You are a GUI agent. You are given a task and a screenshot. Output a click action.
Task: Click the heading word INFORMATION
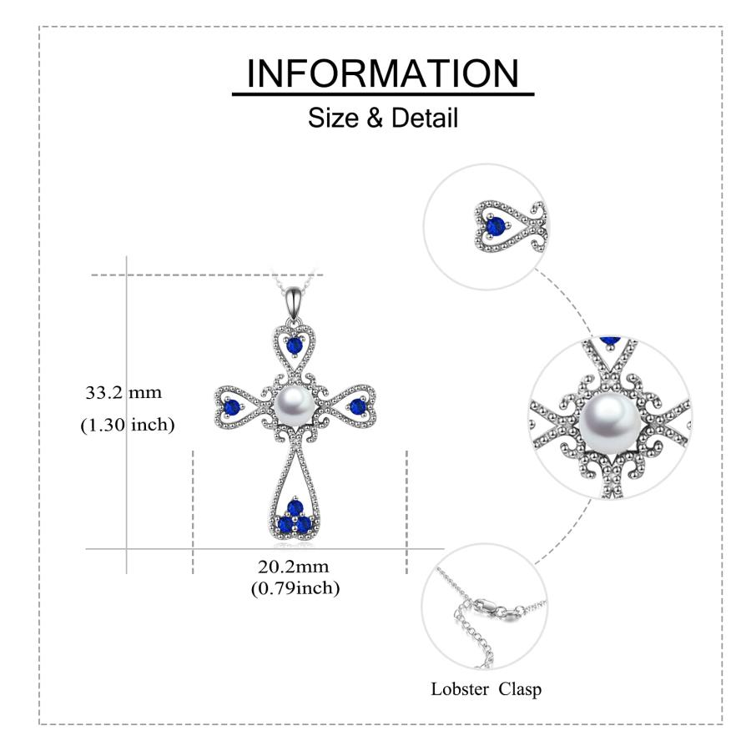383,73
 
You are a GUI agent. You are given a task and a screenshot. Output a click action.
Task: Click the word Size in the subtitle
332,118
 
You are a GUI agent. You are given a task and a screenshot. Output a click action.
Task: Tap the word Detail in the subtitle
425,118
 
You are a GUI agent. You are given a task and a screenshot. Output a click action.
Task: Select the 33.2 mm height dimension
123,393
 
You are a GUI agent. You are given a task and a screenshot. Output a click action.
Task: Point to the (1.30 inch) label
128,425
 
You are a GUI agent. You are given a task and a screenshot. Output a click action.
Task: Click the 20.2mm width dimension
294,567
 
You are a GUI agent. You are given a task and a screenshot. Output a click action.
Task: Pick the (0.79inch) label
295,587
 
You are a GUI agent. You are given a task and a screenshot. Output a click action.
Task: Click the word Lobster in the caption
453,689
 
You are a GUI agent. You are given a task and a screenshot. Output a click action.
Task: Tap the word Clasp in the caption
520,690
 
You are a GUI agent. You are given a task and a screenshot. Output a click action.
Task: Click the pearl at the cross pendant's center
294,406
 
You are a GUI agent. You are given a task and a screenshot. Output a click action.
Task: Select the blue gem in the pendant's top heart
294,345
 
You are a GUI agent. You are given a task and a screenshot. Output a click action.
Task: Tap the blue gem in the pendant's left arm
232,407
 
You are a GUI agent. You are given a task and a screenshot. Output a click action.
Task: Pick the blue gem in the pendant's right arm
357,407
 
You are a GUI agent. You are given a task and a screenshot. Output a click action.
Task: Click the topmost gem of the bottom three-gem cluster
295,507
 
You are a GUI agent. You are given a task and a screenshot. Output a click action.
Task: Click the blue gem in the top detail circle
496,225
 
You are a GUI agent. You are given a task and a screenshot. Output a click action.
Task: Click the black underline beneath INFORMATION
383,94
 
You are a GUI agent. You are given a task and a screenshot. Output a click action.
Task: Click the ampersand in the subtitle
375,118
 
